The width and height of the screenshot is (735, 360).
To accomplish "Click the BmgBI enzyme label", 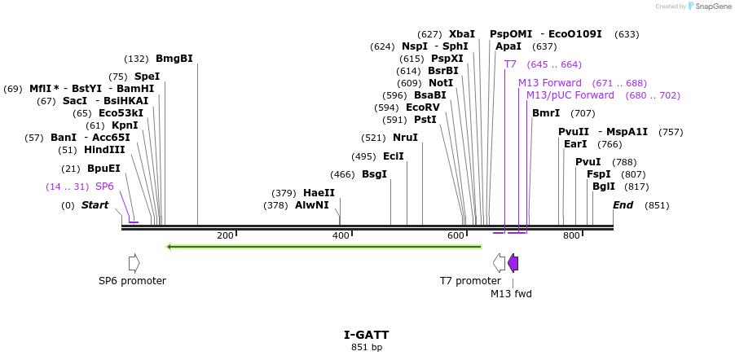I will (x=174, y=59).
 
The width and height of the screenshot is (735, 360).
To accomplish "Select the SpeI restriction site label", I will (x=147, y=77).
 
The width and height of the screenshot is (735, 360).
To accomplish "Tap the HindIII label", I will (x=104, y=150).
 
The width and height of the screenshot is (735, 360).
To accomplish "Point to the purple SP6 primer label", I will (x=104, y=187).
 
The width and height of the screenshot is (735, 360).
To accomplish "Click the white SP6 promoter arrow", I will (x=134, y=263).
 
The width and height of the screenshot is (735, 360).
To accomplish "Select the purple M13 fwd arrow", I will (x=513, y=263).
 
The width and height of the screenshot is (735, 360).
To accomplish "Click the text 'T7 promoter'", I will (x=470, y=281).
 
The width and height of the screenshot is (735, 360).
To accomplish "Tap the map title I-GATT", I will (x=366, y=335).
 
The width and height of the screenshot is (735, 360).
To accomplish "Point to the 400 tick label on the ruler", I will (x=341, y=235).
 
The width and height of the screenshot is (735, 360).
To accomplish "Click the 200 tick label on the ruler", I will (x=225, y=235).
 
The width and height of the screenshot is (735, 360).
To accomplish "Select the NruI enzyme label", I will (x=405, y=138).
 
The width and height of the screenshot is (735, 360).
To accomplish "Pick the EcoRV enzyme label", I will (x=422, y=108).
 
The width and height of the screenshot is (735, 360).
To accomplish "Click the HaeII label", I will (x=319, y=193).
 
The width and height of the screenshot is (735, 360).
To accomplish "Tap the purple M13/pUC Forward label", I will (x=570, y=95).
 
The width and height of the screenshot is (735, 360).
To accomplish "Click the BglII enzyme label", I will (x=604, y=187).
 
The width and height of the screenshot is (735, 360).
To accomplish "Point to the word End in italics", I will (x=623, y=205).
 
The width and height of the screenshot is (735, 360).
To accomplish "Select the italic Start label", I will (x=95, y=205).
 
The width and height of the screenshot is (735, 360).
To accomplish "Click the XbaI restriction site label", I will (x=461, y=34).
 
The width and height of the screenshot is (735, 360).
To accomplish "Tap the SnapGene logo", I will (x=707, y=7).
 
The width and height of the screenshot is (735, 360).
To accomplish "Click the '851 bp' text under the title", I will (x=366, y=347).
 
